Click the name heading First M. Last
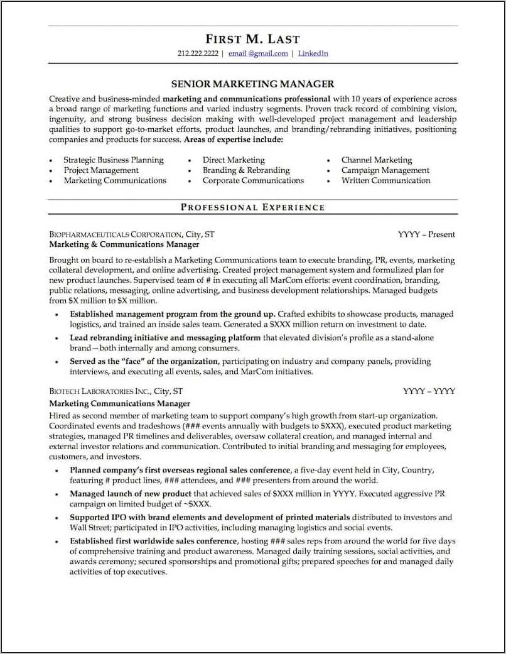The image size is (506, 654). pos(252,39)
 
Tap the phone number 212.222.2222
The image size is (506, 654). pos(198,54)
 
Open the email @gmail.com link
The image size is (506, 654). pos(258,54)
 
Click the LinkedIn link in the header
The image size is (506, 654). pos(313,54)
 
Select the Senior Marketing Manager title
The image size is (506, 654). pos(252,84)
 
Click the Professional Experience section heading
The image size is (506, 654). pos(252,207)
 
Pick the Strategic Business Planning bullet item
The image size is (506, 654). pos(113,160)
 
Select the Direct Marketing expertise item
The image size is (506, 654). pos(233,160)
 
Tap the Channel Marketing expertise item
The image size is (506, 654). pos(377,160)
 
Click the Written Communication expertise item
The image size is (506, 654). pos(385,180)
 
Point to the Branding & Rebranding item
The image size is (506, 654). pos(245,170)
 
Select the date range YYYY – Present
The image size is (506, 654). pos(426,234)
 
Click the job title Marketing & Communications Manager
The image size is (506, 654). pos(124,244)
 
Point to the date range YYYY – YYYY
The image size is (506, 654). pos(429,391)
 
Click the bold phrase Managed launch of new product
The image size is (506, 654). pos(131,494)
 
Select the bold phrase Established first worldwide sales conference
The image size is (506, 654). pos(153,541)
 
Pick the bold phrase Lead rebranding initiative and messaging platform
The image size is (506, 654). pos(165,338)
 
